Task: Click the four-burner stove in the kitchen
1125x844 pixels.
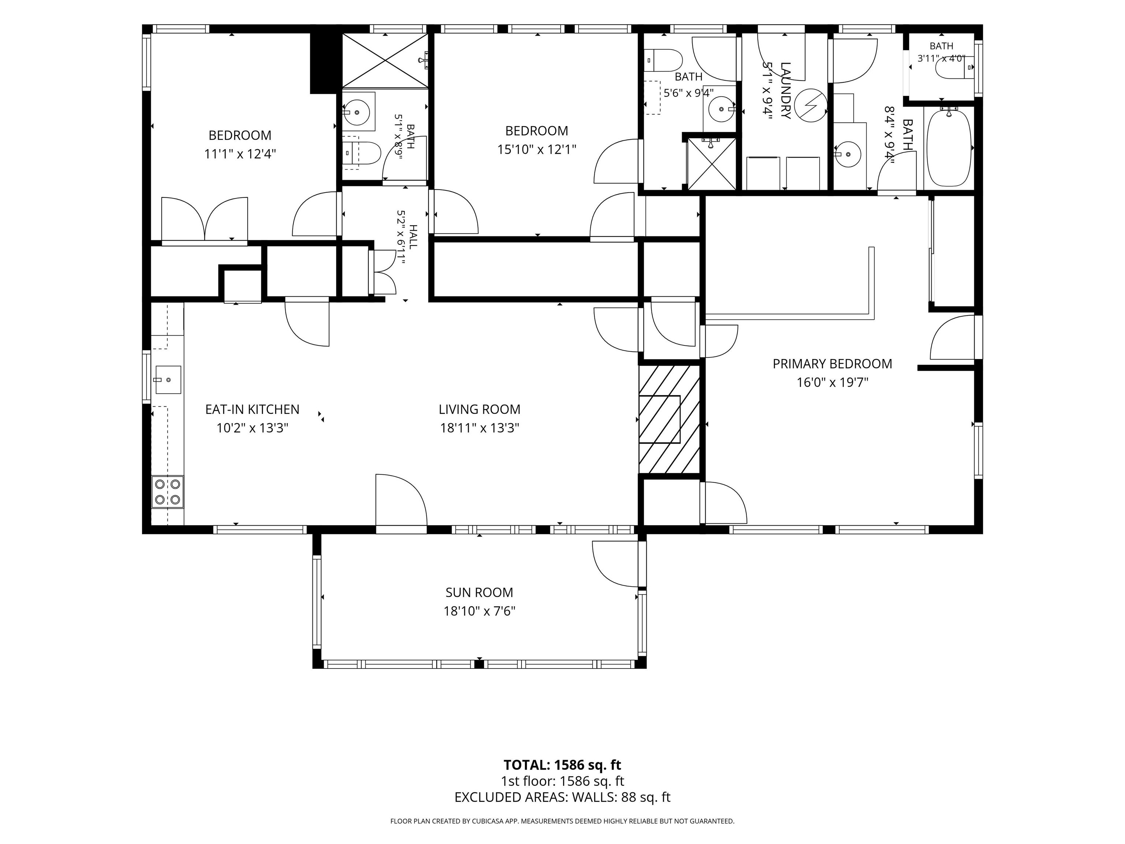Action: click(x=168, y=492)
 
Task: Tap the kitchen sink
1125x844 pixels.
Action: click(x=168, y=380)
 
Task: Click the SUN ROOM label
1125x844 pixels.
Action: click(x=479, y=592)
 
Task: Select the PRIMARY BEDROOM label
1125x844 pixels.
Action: click(x=832, y=364)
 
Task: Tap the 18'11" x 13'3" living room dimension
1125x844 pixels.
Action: click(x=479, y=428)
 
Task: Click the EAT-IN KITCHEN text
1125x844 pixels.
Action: click(x=252, y=409)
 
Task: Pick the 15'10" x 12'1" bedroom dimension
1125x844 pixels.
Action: click(x=536, y=149)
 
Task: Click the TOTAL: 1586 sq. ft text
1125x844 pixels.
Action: click(x=562, y=765)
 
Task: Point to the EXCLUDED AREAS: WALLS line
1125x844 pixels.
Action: click(x=562, y=797)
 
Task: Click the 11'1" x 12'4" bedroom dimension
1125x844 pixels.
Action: click(x=240, y=153)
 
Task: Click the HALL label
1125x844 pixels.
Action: click(x=412, y=237)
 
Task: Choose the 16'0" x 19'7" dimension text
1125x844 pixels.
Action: click(x=832, y=382)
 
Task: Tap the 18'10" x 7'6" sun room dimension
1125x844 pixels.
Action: click(x=479, y=611)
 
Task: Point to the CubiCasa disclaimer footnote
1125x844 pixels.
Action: click(x=562, y=821)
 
